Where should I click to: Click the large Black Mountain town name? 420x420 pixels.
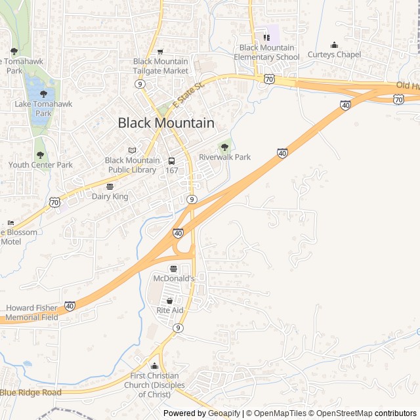[166, 123]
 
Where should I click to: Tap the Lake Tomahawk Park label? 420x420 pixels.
[43, 108]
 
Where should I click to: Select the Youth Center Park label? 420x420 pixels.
[41, 165]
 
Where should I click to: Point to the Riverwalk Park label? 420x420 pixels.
[225, 157]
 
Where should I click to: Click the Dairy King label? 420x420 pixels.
[110, 196]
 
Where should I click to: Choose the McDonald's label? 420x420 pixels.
[174, 278]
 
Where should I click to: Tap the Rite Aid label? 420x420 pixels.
[169, 310]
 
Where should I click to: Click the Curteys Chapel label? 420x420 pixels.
[334, 54]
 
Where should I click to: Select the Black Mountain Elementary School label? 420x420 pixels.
[269, 52]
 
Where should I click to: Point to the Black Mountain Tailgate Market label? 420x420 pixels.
[160, 66]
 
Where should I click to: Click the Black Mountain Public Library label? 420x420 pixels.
[132, 165]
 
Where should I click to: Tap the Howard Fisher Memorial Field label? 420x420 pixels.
[31, 312]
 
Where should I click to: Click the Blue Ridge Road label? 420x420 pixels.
[30, 392]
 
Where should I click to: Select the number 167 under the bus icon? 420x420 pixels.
[172, 171]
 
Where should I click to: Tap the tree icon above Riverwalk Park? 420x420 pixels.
[225, 147]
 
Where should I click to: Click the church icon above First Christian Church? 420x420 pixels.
[154, 366]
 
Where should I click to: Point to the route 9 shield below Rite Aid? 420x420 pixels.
[178, 327]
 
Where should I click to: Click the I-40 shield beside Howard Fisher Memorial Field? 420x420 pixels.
[70, 306]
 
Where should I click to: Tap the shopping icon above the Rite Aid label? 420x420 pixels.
[169, 301]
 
